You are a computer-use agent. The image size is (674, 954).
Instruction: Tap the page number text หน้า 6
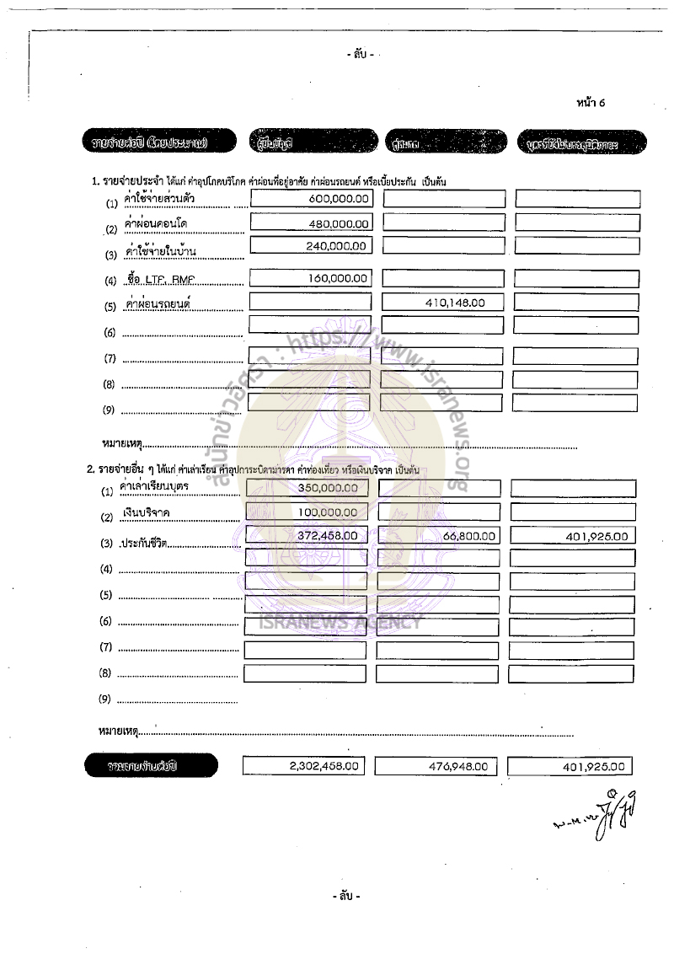click(591, 103)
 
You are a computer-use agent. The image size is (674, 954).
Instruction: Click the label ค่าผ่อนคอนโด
click(155, 225)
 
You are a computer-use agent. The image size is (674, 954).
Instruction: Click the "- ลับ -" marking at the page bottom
click(345, 895)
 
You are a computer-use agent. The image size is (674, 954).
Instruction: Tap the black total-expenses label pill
click(152, 766)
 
